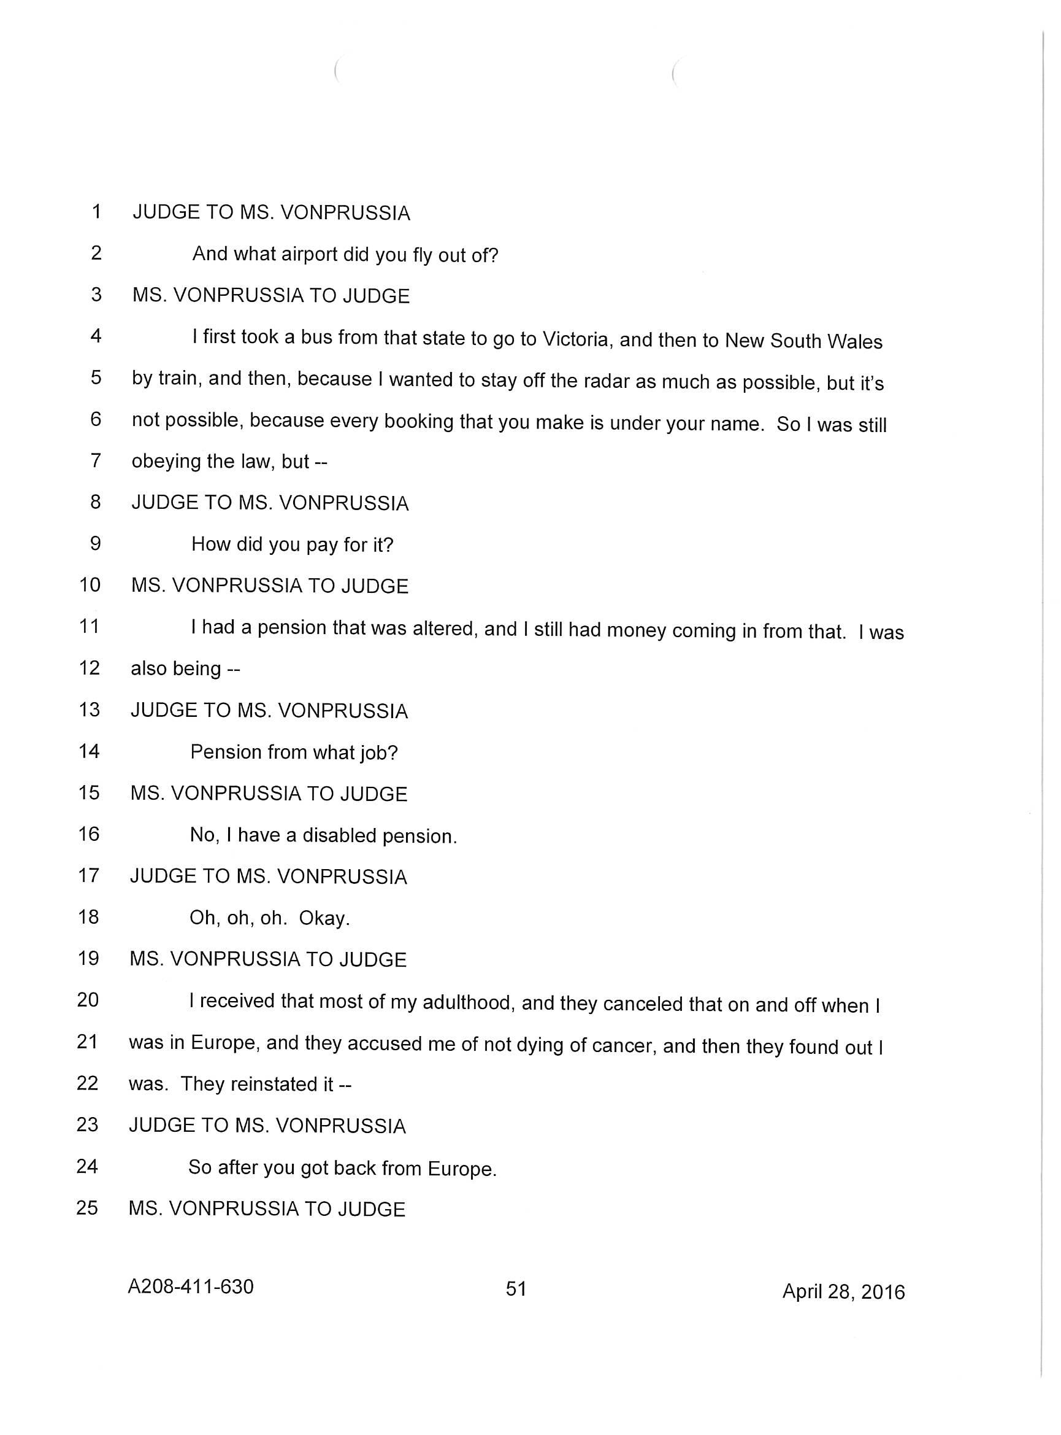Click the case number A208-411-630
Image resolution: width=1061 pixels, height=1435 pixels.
191,1286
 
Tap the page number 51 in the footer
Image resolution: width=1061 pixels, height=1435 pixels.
516,1288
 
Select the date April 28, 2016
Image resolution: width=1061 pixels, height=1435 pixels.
843,1291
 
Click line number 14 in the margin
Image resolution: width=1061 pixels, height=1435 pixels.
89,751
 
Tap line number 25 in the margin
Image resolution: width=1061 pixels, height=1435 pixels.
86,1207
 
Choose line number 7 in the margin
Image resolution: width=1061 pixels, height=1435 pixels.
96,460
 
